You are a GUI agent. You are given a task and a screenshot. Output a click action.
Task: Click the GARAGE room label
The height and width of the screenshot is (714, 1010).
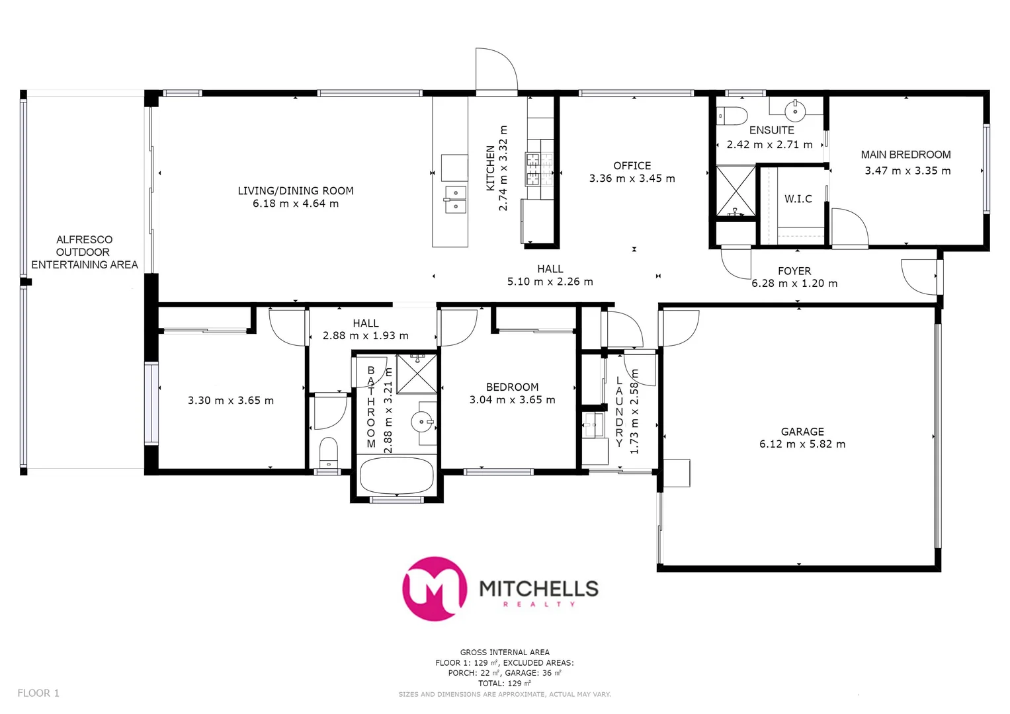coord(802,432)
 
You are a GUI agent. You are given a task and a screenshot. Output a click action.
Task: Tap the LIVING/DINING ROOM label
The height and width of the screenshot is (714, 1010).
coord(296,191)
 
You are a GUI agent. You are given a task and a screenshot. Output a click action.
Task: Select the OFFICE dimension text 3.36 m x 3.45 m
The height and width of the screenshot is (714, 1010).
coord(632,178)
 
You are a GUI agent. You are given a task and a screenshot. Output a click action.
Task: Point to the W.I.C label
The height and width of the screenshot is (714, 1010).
coord(798,199)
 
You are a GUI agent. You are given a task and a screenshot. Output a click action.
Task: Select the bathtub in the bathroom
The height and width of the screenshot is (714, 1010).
coord(396,475)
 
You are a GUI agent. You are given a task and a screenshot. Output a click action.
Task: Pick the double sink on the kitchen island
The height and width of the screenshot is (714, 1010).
coord(454,199)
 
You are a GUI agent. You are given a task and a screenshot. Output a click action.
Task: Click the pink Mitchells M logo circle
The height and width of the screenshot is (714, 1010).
coord(434,588)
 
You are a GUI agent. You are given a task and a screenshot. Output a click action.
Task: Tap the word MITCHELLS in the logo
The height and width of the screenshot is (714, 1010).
coord(538,588)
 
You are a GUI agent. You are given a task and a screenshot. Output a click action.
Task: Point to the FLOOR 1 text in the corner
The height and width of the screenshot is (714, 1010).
coord(38,693)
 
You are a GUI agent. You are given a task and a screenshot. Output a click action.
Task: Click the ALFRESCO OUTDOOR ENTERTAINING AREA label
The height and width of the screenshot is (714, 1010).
coord(84,252)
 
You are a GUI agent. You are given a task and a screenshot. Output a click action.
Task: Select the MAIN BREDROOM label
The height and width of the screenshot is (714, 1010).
coord(905,155)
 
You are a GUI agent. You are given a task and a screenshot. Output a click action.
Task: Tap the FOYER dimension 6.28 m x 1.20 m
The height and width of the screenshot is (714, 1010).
coord(794,284)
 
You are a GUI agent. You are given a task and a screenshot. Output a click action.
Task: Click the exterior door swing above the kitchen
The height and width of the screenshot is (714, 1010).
coord(495,70)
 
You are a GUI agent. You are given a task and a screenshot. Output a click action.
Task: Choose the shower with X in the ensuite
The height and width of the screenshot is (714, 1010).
coord(736,190)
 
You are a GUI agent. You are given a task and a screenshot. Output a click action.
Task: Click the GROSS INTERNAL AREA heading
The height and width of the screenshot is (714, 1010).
coord(505,652)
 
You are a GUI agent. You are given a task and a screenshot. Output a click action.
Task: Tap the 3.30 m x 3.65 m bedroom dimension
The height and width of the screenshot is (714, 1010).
coord(230,401)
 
